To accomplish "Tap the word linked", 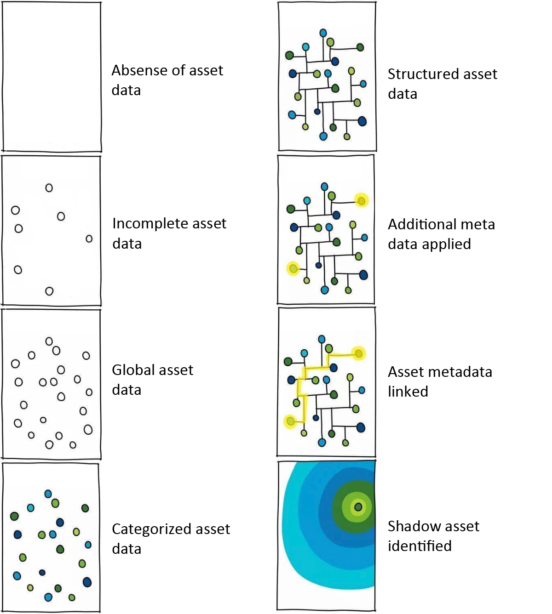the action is (x=408, y=392).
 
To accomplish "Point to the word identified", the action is (x=420, y=546).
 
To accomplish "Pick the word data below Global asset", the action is (x=126, y=390).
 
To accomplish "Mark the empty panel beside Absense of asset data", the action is (x=52, y=77).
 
